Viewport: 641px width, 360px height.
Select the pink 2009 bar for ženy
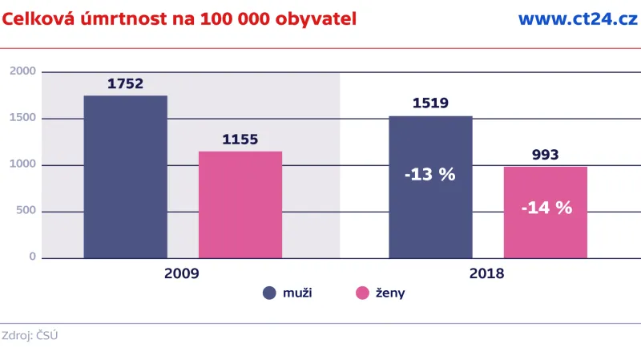tap(240, 204)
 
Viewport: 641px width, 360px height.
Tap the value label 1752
tap(125, 83)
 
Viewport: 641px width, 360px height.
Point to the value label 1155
tap(240, 140)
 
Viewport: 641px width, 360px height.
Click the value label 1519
tap(430, 103)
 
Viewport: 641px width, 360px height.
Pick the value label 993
tap(545, 155)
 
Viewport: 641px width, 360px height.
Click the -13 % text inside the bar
tap(430, 174)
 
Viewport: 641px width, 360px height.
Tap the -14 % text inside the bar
tap(546, 208)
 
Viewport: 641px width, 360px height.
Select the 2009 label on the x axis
tap(182, 273)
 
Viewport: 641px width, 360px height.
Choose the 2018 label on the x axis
tap(487, 273)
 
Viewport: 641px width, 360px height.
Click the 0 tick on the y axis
tap(33, 257)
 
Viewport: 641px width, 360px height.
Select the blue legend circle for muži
tap(269, 293)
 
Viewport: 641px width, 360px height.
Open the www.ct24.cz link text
tap(578, 19)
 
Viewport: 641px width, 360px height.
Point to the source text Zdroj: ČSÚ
tap(30, 336)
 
